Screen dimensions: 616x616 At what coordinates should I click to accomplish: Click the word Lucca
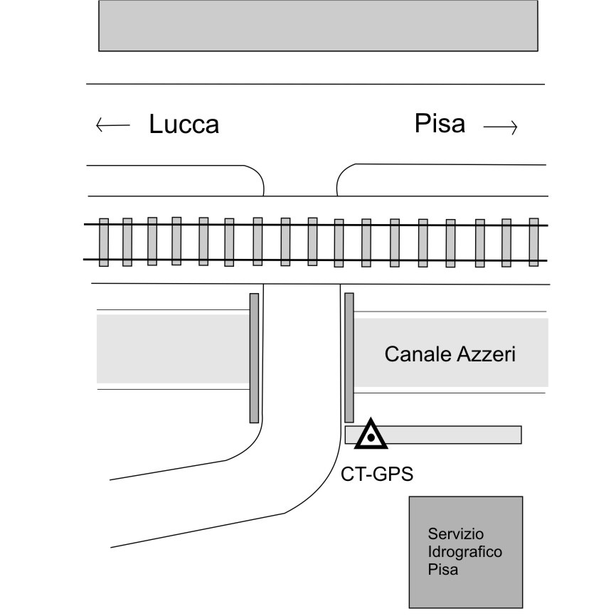pyautogui.click(x=184, y=124)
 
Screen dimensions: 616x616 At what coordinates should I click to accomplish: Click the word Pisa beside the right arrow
pyautogui.click(x=440, y=124)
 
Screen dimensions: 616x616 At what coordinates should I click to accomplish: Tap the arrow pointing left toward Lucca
pyautogui.click(x=112, y=127)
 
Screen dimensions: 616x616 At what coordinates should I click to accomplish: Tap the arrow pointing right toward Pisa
pyautogui.click(x=499, y=128)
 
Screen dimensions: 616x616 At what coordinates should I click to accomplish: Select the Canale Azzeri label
pyautogui.click(x=449, y=354)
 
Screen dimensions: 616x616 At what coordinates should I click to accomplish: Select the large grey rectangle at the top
pyautogui.click(x=317, y=26)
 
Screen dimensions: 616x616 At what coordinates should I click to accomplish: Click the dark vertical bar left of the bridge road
pyautogui.click(x=254, y=357)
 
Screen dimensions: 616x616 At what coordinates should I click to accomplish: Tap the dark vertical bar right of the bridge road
pyautogui.click(x=349, y=357)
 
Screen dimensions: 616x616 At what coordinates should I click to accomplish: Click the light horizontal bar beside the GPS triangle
pyautogui.click(x=455, y=434)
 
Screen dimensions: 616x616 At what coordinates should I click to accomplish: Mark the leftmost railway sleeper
pyautogui.click(x=103, y=242)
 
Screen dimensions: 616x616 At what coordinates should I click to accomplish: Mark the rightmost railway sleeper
pyautogui.click(x=533, y=242)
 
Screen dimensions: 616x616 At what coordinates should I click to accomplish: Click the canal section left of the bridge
pyautogui.click(x=173, y=349)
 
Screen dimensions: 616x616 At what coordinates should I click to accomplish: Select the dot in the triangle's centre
pyautogui.click(x=371, y=437)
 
